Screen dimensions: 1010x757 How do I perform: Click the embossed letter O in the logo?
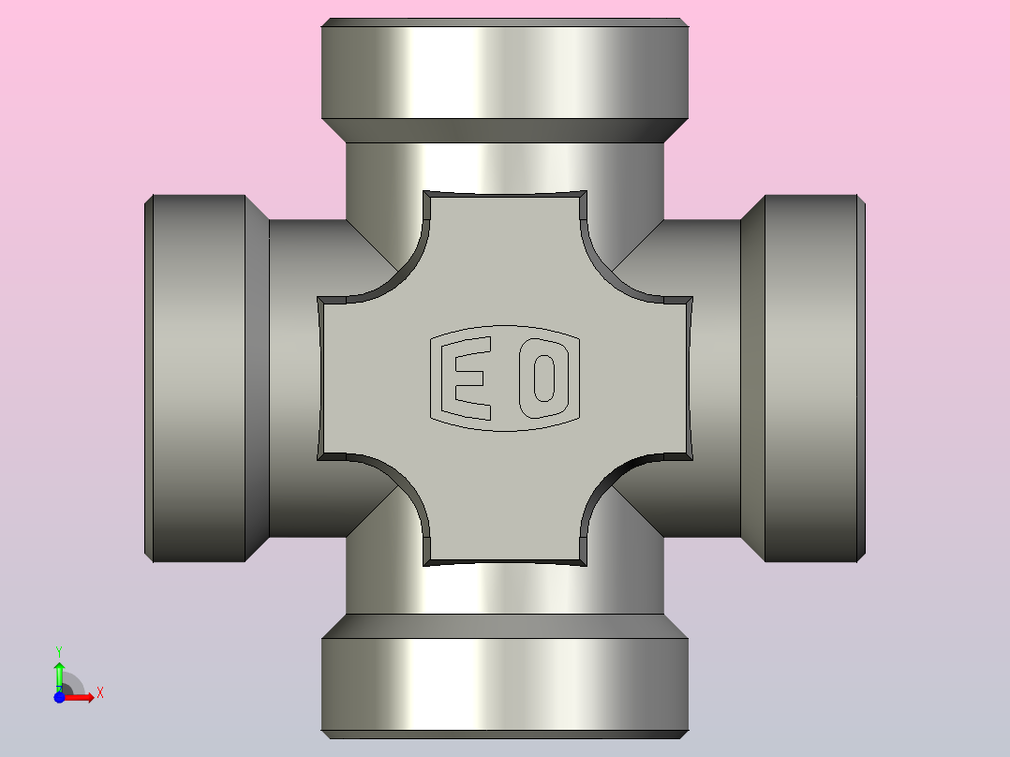(x=544, y=378)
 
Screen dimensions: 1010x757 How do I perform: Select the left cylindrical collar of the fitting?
(x=195, y=378)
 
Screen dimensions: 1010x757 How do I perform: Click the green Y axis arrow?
(x=59, y=676)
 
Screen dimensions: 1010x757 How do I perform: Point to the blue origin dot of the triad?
(x=59, y=697)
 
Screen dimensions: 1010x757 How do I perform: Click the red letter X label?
(x=100, y=693)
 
